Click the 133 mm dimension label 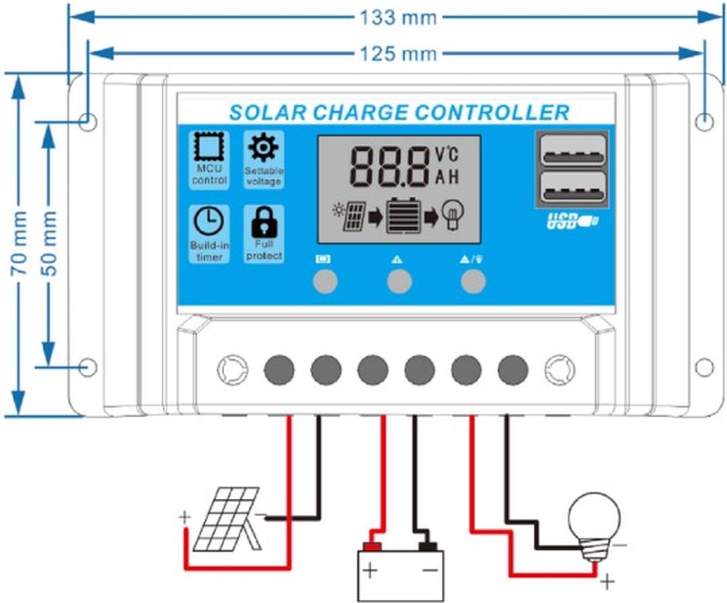pos(398,18)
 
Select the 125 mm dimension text pos(398,54)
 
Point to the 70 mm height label pos(20,243)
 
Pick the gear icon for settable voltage pos(264,147)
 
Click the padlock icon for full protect pos(264,223)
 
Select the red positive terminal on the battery pos(372,547)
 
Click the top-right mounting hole pos(704,122)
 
